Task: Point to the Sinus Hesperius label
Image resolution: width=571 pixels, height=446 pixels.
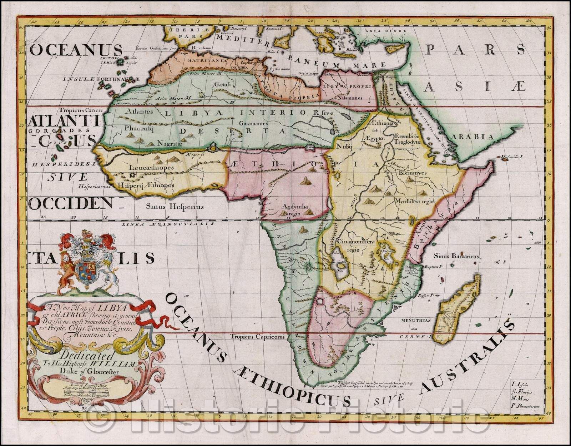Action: tap(175, 206)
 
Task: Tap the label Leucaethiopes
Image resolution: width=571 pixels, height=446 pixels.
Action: tap(151, 167)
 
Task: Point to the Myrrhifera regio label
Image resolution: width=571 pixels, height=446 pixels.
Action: tap(414, 201)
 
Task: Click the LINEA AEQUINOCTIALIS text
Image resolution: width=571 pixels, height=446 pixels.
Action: tap(168, 224)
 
